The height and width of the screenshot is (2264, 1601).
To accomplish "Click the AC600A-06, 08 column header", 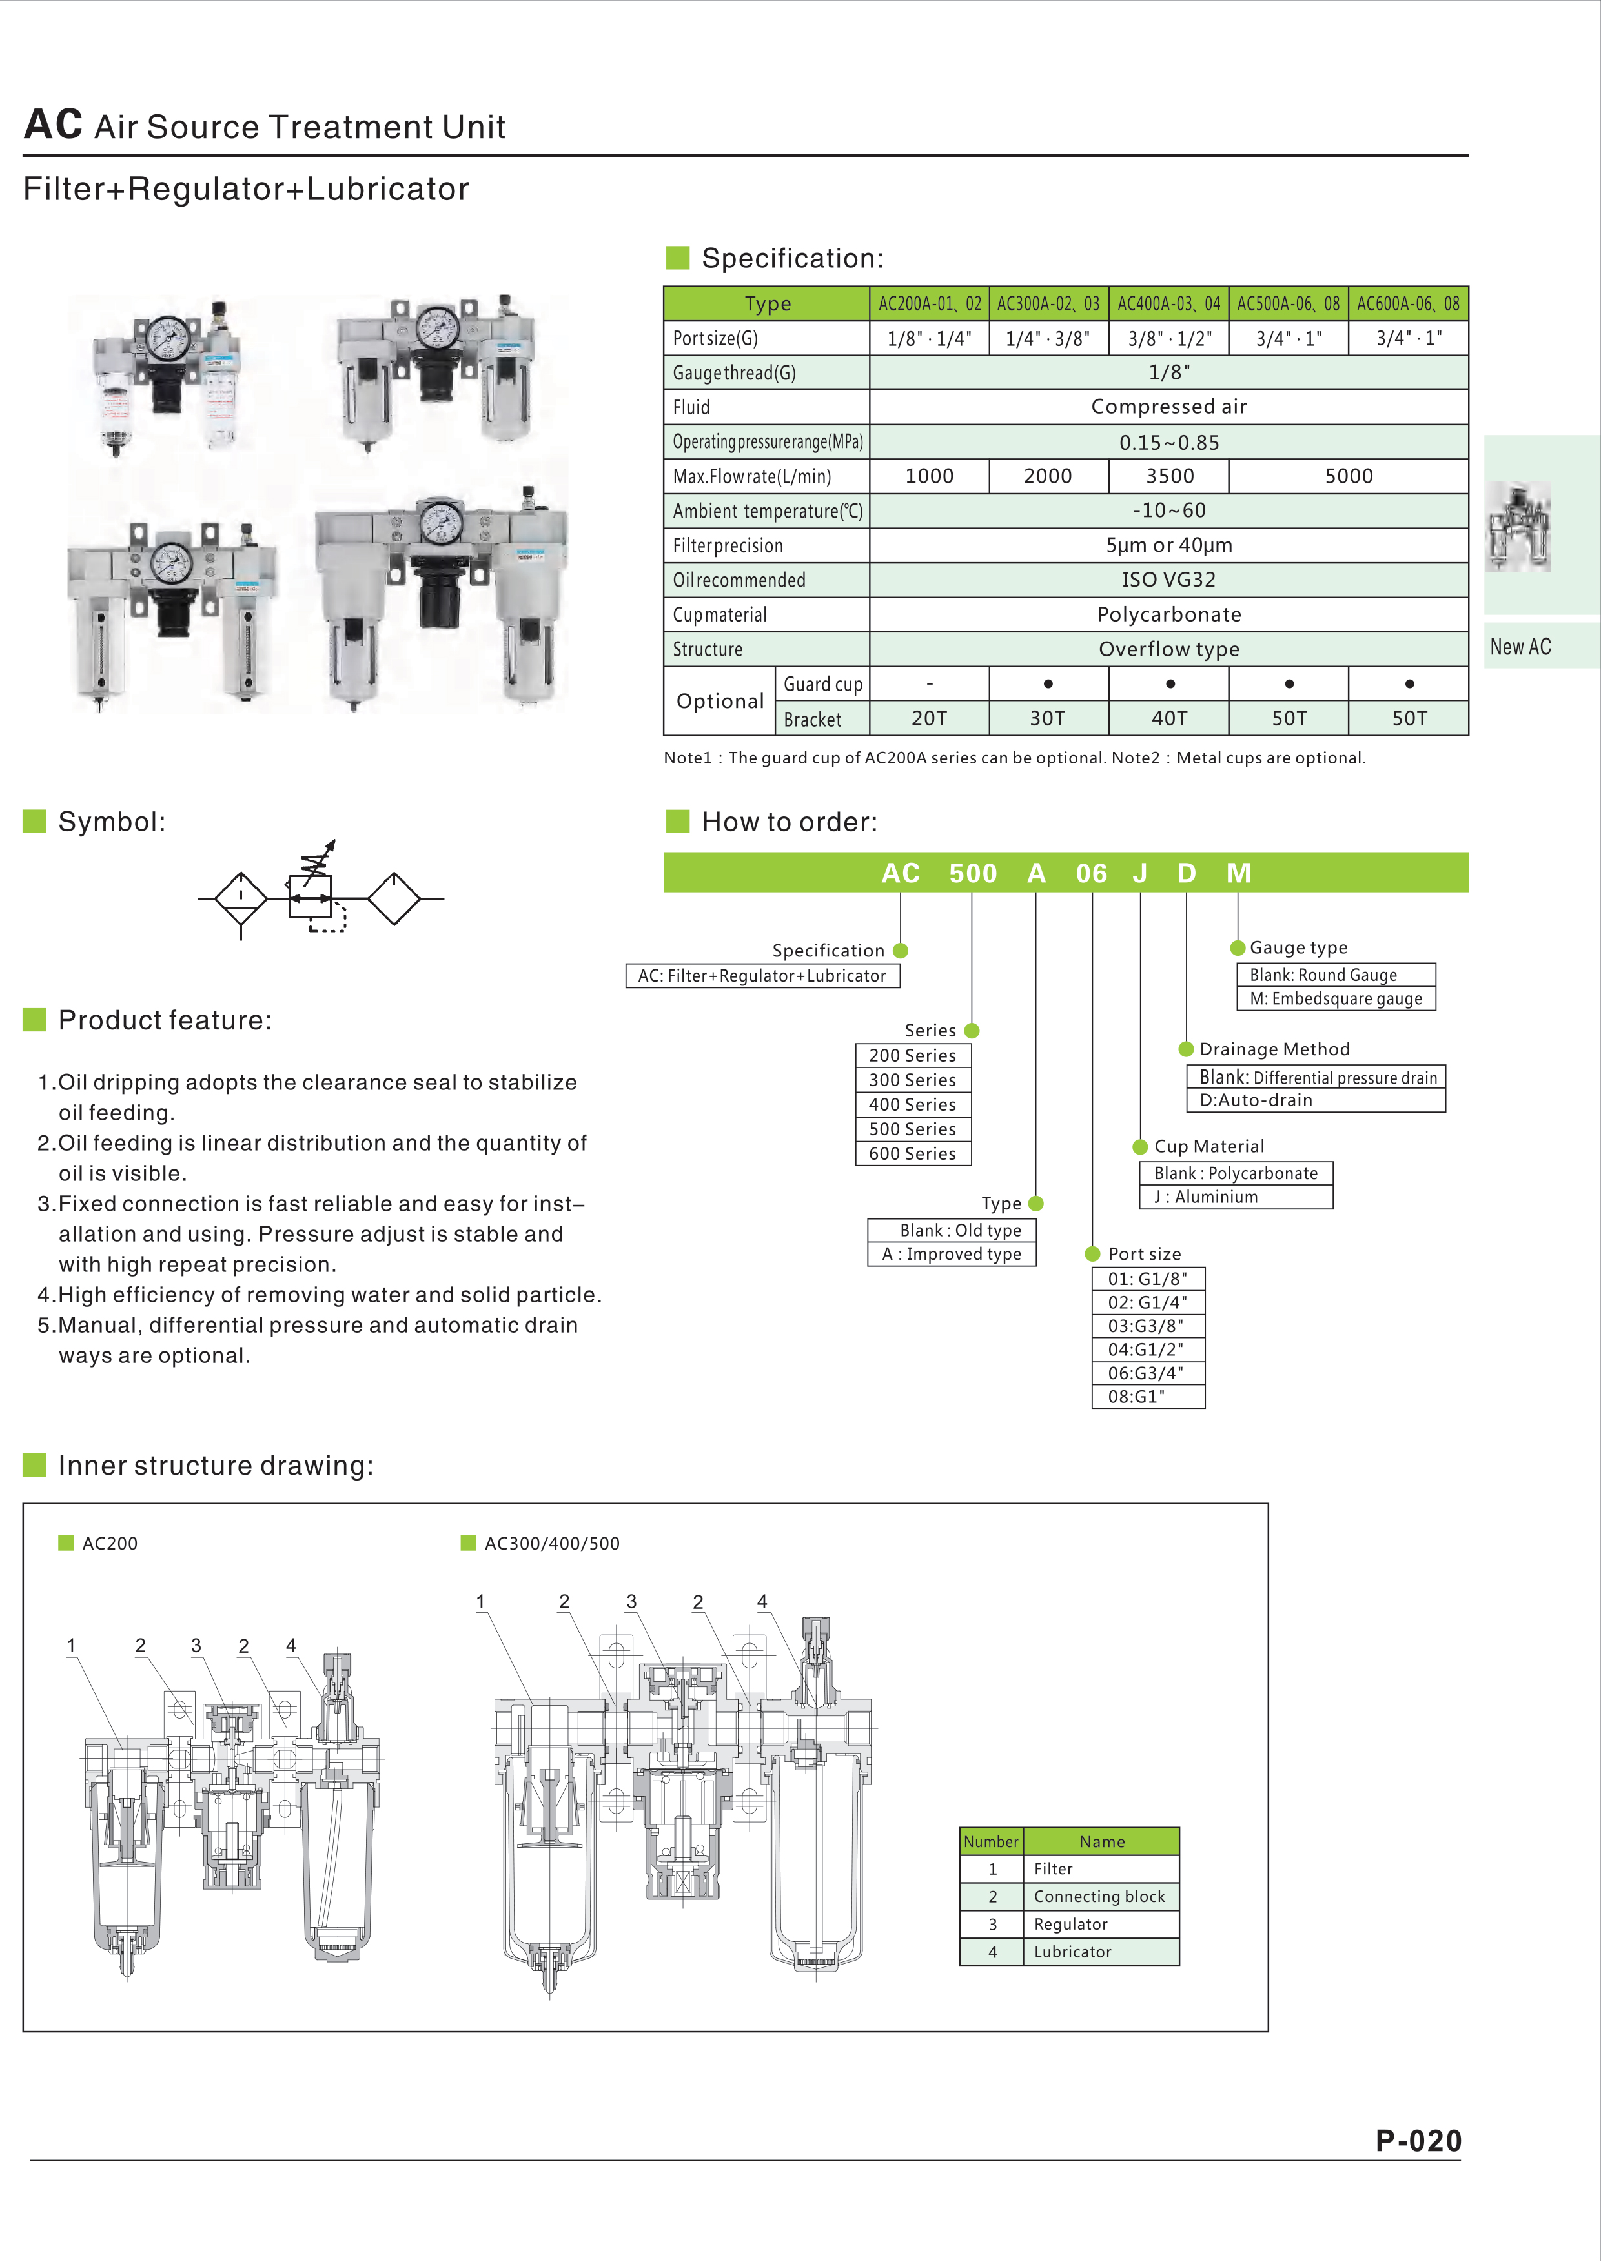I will pos(1408,304).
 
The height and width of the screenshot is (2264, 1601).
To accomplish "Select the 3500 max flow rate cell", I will pos(1169,476).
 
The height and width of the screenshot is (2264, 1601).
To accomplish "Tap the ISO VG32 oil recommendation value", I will pos(1169,580).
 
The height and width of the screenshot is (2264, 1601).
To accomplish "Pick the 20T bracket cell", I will pos(928,719).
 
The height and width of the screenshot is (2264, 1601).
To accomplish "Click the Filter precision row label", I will pos(728,545).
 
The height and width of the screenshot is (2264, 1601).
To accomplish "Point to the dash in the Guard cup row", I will pos(929,683).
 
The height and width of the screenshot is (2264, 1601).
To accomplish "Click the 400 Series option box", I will pos(912,1104).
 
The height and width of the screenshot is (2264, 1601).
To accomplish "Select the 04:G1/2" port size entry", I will pos(1147,1349).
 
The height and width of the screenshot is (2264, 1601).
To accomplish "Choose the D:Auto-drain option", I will pos(1256,1100).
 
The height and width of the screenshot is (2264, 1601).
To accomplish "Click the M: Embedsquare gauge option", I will pos(1336,999).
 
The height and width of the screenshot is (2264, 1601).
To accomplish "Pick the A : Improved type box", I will pos(952,1254).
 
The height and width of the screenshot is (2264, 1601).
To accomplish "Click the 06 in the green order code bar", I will pos(1091,874).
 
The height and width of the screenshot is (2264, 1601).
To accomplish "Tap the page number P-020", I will pos(1418,2141).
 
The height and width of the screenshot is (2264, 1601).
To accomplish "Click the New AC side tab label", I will pos(1520,647).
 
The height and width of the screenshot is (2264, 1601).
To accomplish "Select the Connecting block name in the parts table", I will pos(1099,1896).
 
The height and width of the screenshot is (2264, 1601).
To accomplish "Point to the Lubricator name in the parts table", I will pos(1072,1952).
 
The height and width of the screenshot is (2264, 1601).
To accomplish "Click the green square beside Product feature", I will pos(34,1020).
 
